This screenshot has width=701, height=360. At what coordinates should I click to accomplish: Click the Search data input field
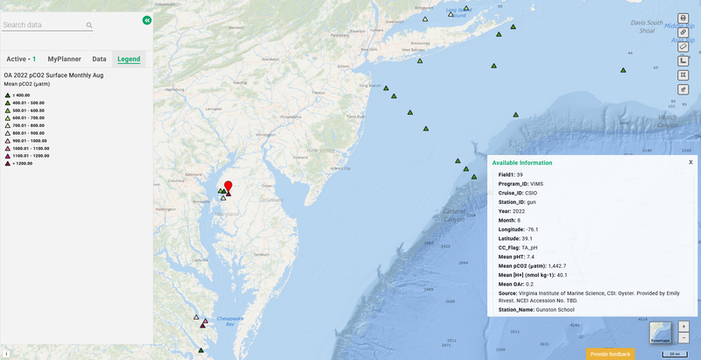[x=44, y=25]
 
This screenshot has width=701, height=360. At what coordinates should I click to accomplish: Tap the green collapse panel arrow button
[x=146, y=19]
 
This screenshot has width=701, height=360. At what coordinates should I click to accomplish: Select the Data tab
[x=99, y=59]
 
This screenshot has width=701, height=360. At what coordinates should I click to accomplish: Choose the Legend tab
[x=129, y=59]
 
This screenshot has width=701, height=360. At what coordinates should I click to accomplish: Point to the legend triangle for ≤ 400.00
[x=7, y=95]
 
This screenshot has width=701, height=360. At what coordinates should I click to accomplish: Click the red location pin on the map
[x=228, y=187]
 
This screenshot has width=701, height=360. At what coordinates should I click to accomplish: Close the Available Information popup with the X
[x=690, y=162]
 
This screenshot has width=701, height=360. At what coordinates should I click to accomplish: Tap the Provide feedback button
[x=610, y=354]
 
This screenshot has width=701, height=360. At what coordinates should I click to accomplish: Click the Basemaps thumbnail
[x=660, y=333]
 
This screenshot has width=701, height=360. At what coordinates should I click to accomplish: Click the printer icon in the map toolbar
[x=683, y=18]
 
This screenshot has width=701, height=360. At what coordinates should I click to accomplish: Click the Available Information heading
[x=522, y=163]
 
